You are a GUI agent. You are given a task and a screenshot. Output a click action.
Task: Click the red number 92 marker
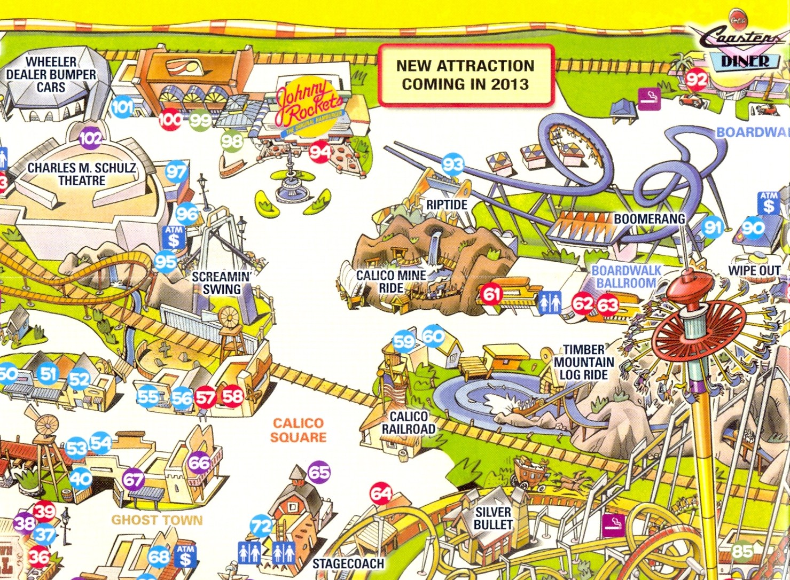(x=697, y=80)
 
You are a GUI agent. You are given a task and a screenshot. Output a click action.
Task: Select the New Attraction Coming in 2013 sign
(x=465, y=75)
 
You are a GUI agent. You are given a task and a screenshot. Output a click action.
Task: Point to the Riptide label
(x=447, y=205)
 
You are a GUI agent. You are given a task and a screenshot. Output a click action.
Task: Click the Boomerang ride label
(x=649, y=219)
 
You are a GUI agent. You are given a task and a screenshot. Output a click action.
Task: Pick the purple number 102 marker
(x=90, y=139)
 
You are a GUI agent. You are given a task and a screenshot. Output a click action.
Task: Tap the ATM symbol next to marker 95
(x=174, y=238)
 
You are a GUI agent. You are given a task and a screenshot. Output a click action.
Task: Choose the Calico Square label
(x=298, y=430)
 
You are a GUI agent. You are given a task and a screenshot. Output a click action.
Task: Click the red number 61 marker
(x=491, y=294)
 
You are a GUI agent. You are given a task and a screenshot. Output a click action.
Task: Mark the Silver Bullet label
(x=493, y=518)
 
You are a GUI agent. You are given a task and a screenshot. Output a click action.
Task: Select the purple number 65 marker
(x=319, y=472)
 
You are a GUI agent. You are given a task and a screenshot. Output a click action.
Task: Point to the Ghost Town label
(x=157, y=520)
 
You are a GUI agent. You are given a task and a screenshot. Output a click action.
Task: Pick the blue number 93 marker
(x=453, y=164)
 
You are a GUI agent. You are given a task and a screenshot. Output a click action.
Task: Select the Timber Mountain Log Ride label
(x=583, y=362)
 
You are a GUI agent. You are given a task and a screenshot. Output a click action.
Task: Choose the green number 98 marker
(x=232, y=142)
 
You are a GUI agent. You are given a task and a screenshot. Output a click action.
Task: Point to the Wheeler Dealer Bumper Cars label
(x=51, y=74)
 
